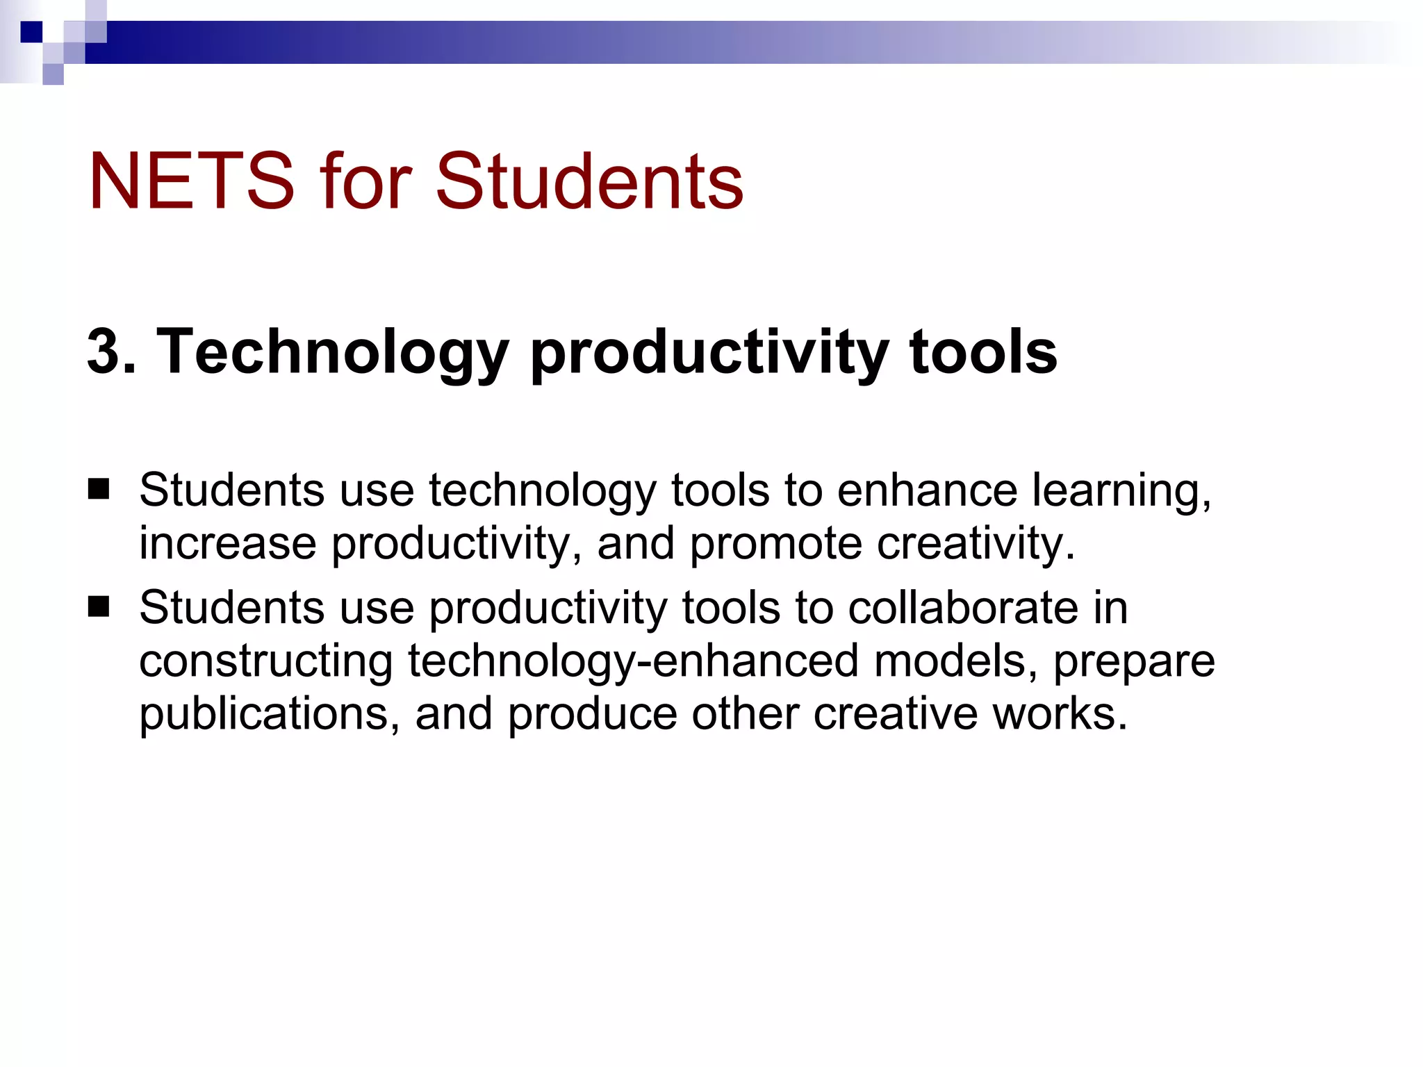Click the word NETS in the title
[x=191, y=181]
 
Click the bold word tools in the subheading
[x=982, y=351]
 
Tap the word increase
[x=227, y=543]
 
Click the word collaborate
[x=963, y=608]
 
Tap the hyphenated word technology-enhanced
[x=633, y=662]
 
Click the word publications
[x=268, y=715]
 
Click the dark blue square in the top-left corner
[x=31, y=32]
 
